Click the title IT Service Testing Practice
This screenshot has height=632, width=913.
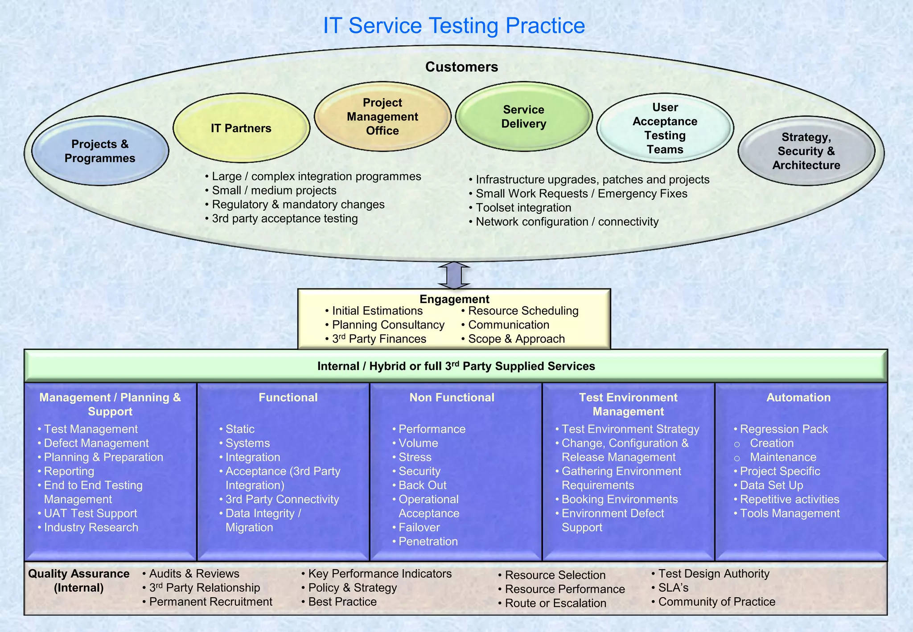click(453, 25)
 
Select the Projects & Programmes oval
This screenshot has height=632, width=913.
click(100, 151)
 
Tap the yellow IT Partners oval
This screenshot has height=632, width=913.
click(241, 128)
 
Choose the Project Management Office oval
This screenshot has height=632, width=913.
click(382, 117)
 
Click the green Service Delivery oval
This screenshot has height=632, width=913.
click(524, 117)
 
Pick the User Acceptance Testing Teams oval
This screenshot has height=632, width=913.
click(665, 128)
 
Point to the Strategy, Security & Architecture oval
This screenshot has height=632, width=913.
click(806, 151)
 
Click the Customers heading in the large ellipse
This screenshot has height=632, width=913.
click(461, 67)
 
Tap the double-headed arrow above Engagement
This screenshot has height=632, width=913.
click(454, 275)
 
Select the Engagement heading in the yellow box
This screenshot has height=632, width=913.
click(454, 299)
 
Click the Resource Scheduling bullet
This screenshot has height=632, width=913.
click(523, 311)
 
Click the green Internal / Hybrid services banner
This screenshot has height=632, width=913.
click(456, 366)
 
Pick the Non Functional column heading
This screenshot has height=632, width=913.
click(452, 398)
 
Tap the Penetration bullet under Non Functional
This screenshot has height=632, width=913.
click(428, 542)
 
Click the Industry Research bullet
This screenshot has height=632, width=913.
click(91, 527)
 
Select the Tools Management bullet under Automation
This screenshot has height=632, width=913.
click(790, 513)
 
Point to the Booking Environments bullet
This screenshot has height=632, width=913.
click(619, 499)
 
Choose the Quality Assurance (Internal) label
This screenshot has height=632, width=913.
click(79, 580)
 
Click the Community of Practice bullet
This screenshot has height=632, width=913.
click(716, 602)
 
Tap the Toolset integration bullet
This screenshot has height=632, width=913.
click(523, 208)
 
